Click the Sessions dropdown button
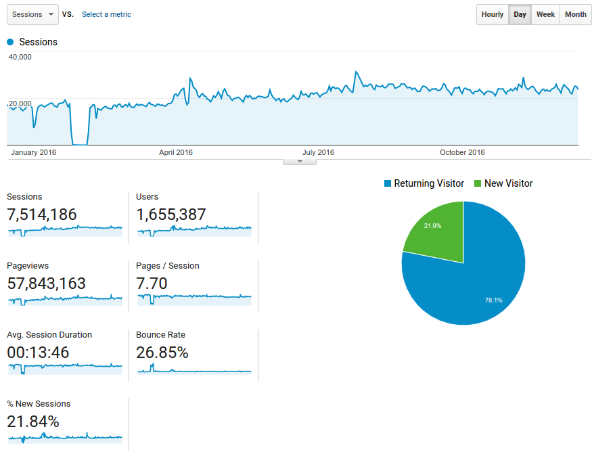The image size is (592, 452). (x=32, y=14)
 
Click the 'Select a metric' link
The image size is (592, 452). (x=106, y=14)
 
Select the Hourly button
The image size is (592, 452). (x=493, y=14)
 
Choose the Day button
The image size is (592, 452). (x=520, y=14)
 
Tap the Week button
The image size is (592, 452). (x=545, y=14)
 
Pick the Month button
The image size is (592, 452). (x=575, y=14)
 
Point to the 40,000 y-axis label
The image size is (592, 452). (x=20, y=57)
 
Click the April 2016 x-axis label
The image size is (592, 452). (x=175, y=152)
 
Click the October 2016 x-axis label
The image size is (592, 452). (x=462, y=152)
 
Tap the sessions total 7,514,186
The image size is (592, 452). (x=42, y=214)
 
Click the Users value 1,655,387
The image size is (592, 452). (x=171, y=214)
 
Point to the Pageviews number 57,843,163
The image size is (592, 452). (x=47, y=284)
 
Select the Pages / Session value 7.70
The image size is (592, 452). (x=152, y=284)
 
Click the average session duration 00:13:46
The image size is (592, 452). (x=38, y=353)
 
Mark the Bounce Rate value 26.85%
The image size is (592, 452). (x=162, y=353)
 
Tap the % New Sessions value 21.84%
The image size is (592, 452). (x=33, y=422)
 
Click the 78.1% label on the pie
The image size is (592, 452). (x=494, y=300)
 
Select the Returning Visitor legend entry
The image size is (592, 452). (x=424, y=183)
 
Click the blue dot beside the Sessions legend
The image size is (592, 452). (x=10, y=42)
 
